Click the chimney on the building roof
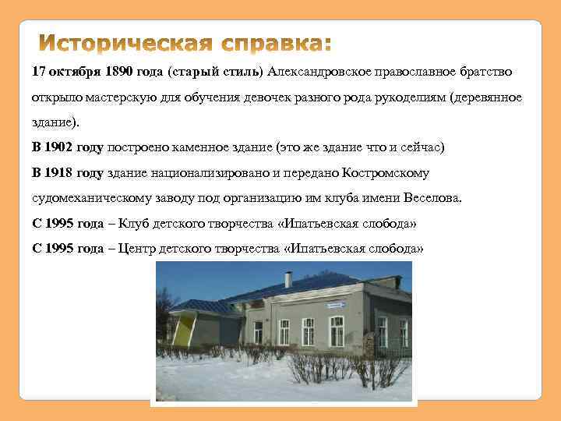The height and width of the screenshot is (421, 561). [x=288, y=279]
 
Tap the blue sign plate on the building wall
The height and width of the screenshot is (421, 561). [x=336, y=306]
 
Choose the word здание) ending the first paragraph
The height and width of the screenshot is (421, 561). [x=55, y=122]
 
